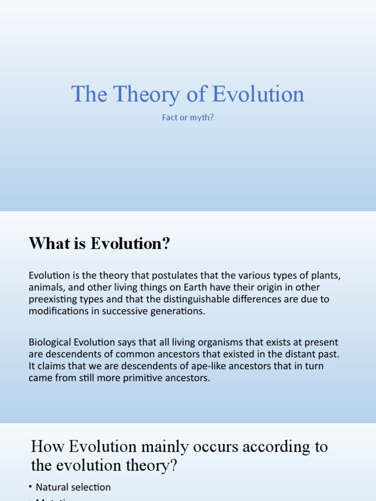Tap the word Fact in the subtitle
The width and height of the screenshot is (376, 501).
tap(170, 118)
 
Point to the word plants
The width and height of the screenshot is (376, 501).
tap(325, 275)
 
